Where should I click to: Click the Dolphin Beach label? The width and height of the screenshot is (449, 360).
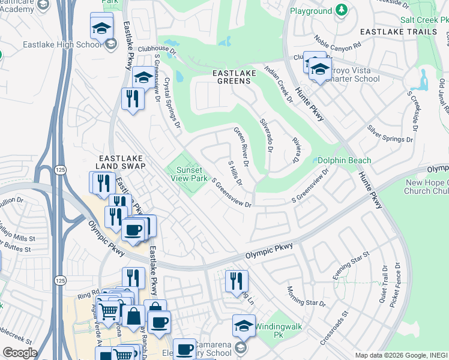click(344, 160)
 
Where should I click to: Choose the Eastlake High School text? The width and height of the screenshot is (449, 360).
click(62, 44)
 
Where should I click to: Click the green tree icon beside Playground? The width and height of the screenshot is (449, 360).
click(342, 10)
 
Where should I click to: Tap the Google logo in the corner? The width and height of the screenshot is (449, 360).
click(20, 353)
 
